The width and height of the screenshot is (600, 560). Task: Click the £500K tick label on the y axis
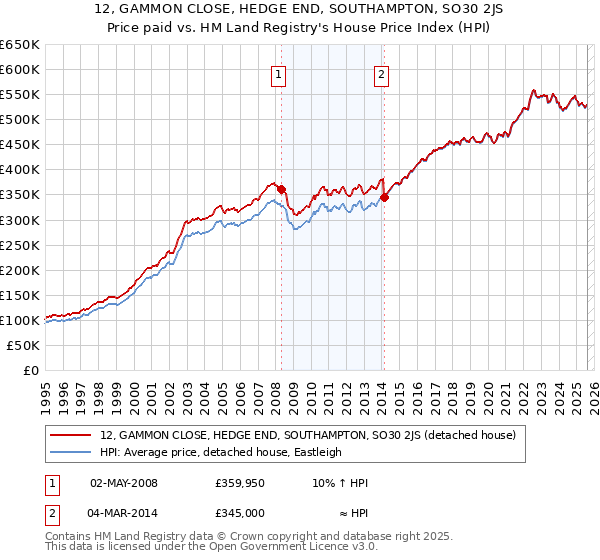point(20,120)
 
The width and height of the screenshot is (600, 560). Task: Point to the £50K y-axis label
point(23,345)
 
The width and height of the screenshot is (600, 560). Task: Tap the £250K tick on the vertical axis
point(20,245)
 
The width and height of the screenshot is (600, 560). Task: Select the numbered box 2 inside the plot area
point(382,73)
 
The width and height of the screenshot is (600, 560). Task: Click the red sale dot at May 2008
point(281,189)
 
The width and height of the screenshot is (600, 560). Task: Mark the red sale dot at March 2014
point(384,197)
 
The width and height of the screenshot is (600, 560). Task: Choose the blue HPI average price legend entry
point(220,452)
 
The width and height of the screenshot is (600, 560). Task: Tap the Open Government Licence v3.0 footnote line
point(212,547)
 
